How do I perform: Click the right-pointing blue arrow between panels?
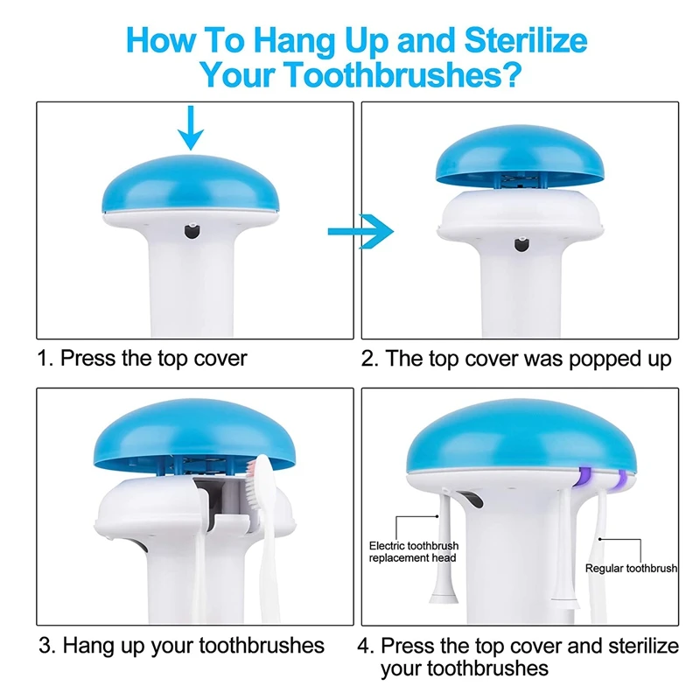tap(360, 231)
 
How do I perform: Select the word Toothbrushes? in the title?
tap(407, 75)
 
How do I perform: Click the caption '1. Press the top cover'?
tap(143, 358)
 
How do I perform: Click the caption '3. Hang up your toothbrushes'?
tap(181, 646)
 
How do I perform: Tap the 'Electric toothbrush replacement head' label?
tap(412, 552)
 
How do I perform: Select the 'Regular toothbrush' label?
tap(631, 568)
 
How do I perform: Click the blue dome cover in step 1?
tap(190, 186)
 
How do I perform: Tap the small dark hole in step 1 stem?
tap(191, 231)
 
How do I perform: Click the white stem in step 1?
tap(191, 289)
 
